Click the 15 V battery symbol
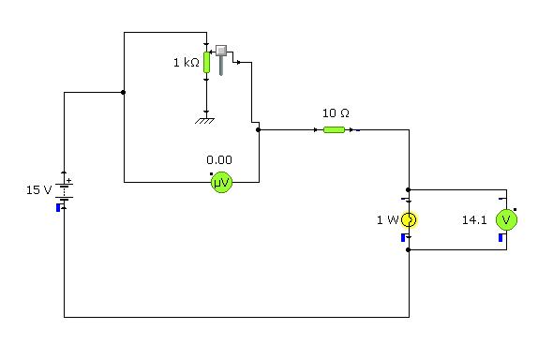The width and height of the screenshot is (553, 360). coord(64,190)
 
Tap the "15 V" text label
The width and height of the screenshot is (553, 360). coord(38,189)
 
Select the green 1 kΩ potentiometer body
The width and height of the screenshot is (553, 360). coord(206,63)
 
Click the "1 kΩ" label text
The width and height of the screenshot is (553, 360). coord(186,63)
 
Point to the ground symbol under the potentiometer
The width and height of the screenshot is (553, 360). coord(206,119)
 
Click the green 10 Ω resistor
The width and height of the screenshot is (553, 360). coord(334,129)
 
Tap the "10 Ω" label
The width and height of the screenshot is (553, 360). coord(336,112)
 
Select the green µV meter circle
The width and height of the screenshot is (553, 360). coord(220,183)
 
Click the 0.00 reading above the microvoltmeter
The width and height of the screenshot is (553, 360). coord(219,159)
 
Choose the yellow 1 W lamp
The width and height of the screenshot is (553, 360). coord(409,220)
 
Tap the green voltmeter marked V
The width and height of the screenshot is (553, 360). coord(506,220)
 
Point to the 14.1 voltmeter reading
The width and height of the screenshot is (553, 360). coord(474,220)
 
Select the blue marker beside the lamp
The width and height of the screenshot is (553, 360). coord(403,238)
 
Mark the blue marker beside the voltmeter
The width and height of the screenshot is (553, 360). coord(501,238)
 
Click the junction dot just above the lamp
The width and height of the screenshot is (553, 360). coord(409,188)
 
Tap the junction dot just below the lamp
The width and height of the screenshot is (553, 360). coord(409,250)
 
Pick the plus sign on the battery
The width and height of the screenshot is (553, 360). coord(69,181)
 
